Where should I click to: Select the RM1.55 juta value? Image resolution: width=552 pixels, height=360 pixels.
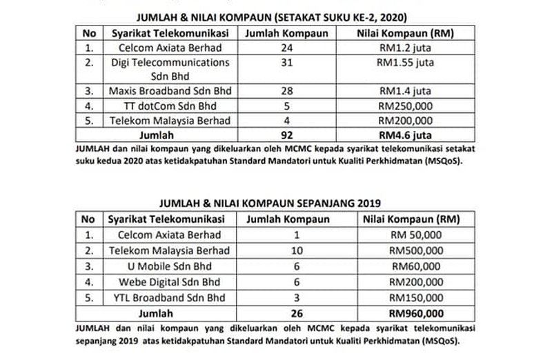(x=404, y=62)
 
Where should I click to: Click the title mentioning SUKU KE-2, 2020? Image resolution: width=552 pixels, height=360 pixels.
(x=276, y=17)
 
